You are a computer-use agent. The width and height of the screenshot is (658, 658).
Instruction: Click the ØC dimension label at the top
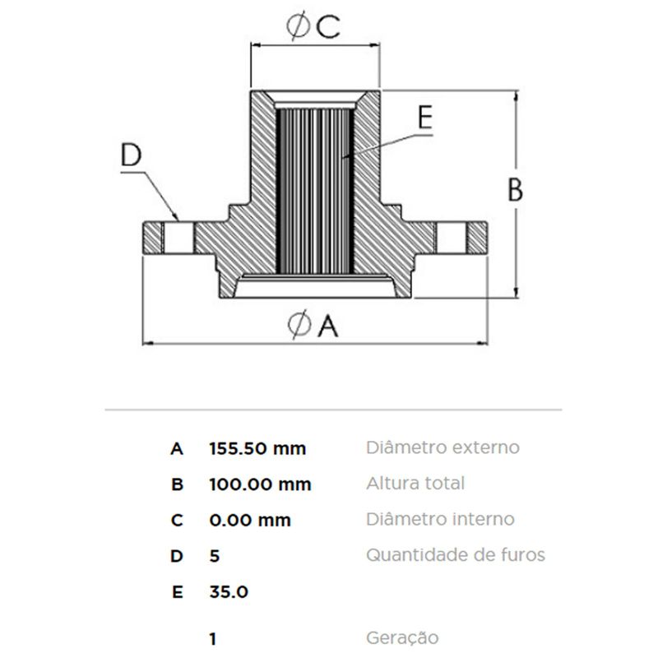point(313,27)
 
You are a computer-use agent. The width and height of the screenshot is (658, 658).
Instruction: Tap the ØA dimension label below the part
point(313,325)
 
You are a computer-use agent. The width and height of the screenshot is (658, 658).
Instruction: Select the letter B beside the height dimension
point(516,190)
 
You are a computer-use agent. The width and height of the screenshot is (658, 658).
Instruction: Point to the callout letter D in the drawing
point(131,155)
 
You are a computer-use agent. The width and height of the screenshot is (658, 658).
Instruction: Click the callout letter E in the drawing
point(425,118)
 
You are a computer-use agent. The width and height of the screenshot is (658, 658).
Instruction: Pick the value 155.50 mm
point(257,448)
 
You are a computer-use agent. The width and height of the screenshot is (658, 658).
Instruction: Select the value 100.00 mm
point(260,484)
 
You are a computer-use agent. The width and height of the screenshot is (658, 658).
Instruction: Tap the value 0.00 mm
point(250,521)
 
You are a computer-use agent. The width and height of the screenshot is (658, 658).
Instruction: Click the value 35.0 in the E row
point(229,592)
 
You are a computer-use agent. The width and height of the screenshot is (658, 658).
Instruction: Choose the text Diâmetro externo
point(443,447)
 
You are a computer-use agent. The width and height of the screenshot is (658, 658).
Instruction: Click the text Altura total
point(415,484)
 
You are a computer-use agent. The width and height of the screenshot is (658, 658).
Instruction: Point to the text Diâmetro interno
point(440,519)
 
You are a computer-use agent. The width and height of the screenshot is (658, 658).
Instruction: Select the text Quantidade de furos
point(456,555)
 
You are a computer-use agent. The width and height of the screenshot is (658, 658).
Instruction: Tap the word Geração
point(402,638)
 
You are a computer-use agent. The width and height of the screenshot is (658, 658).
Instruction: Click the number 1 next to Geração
point(213,639)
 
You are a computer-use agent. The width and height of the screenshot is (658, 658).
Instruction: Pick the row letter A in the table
point(177,448)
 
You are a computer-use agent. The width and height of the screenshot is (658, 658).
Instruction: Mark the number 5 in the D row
point(215,556)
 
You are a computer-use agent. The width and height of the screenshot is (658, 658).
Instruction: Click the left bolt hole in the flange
point(178,238)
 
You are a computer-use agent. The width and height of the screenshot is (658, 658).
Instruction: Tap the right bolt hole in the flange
point(452,238)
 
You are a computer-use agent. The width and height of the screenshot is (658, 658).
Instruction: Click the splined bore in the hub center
point(315,191)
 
